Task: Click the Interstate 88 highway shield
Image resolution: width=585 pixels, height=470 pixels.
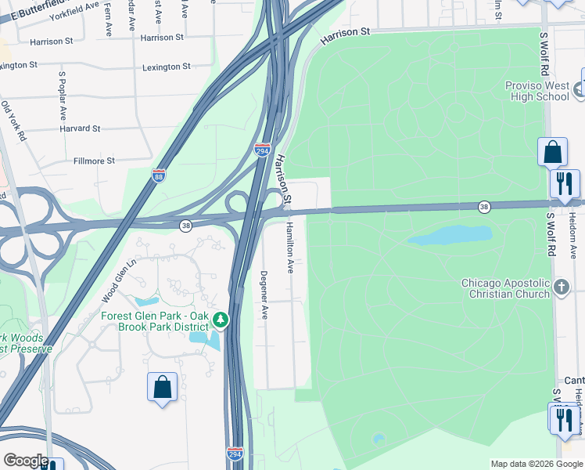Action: (159, 175)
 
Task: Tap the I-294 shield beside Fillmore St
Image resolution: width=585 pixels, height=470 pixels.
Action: (262, 149)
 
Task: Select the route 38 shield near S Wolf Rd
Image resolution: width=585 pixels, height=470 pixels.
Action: (485, 206)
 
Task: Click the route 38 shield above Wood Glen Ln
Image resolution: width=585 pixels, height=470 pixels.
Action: (185, 226)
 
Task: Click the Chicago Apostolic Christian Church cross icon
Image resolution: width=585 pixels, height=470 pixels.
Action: (561, 287)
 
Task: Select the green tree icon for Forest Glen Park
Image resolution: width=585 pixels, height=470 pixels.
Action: (221, 320)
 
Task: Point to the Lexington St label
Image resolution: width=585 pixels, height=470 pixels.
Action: (166, 67)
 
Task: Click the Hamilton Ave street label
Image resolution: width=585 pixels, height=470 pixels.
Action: (289, 247)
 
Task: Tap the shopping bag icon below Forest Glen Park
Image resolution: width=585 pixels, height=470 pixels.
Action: (162, 387)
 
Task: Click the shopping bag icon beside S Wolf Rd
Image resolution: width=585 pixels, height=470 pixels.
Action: (552, 152)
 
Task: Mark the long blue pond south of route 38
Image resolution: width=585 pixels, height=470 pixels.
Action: (450, 235)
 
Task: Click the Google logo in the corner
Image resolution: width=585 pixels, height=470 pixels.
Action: (26, 461)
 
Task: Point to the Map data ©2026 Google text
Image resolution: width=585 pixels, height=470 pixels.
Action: (536, 464)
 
